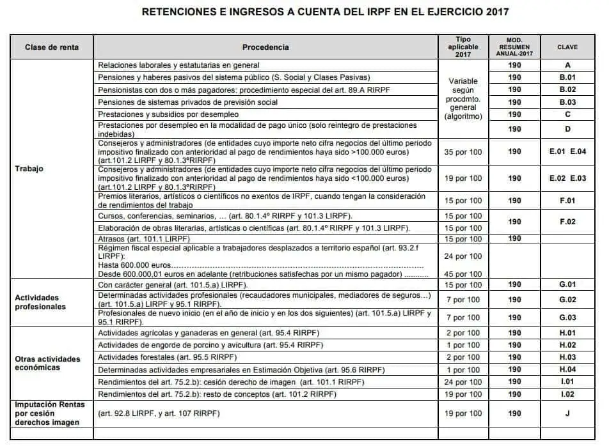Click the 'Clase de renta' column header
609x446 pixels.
coord(52,47)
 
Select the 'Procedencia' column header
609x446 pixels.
coord(265,47)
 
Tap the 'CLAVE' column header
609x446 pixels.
coord(567,47)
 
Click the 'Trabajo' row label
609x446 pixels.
coord(29,169)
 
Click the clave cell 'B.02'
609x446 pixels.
coord(567,89)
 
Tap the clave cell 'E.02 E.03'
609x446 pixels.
coord(567,178)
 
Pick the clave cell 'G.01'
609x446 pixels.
coord(567,284)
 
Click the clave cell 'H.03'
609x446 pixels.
coord(567,357)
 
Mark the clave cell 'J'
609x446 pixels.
coord(567,413)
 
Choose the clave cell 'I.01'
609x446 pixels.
coord(567,382)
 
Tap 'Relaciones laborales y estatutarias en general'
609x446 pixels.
coord(178,65)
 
